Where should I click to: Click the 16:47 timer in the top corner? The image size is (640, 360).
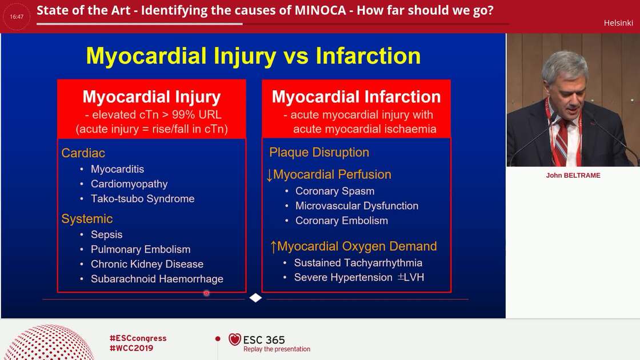click(x=17, y=17)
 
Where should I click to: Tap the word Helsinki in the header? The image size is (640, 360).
click(x=618, y=23)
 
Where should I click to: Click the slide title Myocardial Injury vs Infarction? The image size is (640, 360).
click(x=253, y=56)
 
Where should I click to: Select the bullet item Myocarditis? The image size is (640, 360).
click(x=117, y=169)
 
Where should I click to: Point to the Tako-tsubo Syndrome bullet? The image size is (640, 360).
click(x=142, y=199)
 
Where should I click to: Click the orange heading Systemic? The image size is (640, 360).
click(x=87, y=219)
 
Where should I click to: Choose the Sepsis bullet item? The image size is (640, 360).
click(x=106, y=235)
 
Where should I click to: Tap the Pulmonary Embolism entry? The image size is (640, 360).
click(x=141, y=250)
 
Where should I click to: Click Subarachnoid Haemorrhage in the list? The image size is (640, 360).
click(x=157, y=279)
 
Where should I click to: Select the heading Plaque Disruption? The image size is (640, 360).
click(x=319, y=153)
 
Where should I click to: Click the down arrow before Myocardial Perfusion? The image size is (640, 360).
click(x=270, y=175)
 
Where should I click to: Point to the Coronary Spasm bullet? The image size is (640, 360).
click(x=335, y=191)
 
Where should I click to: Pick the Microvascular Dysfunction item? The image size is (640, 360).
click(x=357, y=206)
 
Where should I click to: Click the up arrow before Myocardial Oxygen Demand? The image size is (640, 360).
click(x=273, y=247)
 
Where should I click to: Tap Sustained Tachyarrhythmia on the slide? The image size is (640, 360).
click(x=358, y=263)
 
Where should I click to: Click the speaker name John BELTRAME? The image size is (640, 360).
click(x=573, y=175)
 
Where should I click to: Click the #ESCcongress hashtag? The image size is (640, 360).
click(x=138, y=338)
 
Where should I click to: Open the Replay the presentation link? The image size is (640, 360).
click(x=277, y=349)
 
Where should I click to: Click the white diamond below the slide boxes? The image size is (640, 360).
click(x=255, y=298)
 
